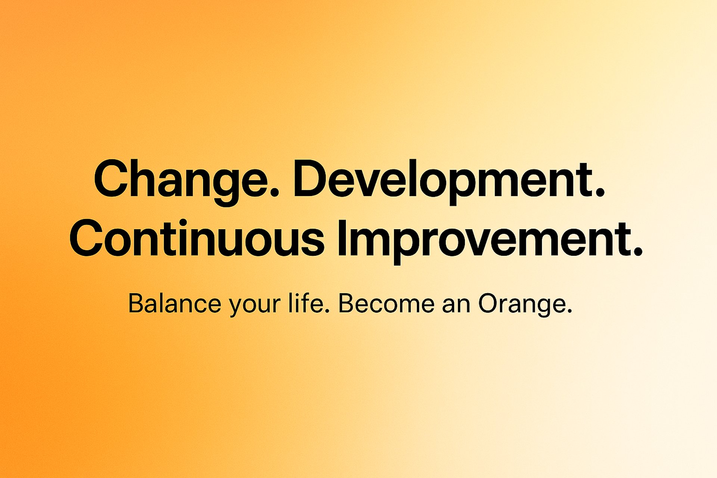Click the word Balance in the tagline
(x=175, y=303)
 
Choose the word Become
(x=386, y=303)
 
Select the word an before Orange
(x=456, y=305)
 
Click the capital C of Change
(x=111, y=178)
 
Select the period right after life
(x=328, y=310)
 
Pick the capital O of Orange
(x=490, y=303)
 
